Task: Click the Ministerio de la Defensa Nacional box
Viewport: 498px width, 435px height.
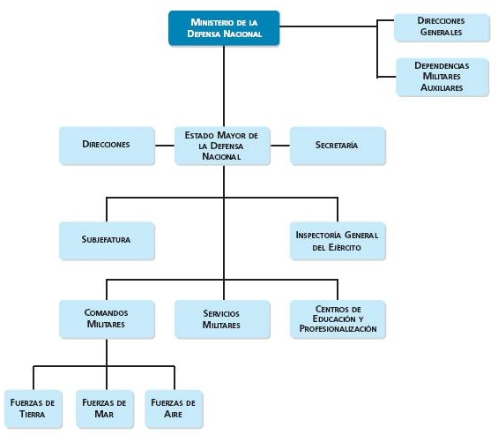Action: point(224,28)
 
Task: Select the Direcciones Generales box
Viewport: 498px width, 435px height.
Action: point(442,27)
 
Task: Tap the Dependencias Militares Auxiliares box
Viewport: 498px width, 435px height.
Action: point(442,77)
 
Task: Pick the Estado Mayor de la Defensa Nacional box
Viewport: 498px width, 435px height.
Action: point(222,146)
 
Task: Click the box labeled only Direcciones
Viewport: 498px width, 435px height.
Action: point(107,146)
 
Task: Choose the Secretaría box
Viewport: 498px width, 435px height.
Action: point(338,146)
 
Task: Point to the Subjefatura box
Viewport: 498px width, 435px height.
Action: point(107,241)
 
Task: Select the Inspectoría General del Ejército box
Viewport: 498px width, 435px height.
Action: point(338,241)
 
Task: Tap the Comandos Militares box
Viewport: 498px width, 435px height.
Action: point(107,319)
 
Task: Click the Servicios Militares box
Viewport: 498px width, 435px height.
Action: point(222,319)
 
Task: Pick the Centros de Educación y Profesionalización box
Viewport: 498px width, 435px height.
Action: point(338,319)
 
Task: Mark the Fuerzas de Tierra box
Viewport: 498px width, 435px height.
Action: point(33,409)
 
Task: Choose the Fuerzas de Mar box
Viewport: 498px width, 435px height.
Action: point(105,409)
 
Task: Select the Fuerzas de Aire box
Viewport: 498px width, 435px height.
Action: point(174,409)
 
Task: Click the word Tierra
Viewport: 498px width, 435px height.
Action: point(32,414)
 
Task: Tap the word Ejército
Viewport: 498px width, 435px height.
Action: point(345,247)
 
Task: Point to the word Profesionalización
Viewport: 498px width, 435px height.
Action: point(338,329)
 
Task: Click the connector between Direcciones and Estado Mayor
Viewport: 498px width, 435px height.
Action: point(165,146)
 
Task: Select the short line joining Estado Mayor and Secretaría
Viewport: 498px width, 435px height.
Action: point(280,146)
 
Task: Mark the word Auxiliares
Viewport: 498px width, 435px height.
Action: point(442,87)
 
